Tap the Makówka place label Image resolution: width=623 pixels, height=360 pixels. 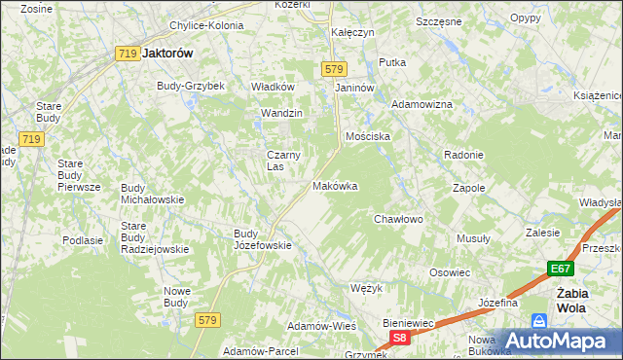pyautogui.click(x=335, y=185)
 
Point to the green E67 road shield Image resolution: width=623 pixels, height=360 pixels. pyautogui.click(x=559, y=270)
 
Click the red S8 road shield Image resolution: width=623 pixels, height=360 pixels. pyautogui.click(x=400, y=338)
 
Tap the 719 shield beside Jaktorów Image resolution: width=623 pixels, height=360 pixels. pyautogui.click(x=125, y=55)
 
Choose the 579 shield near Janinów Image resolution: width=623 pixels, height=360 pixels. pyautogui.click(x=334, y=68)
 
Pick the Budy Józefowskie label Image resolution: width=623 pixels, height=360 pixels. pyautogui.click(x=263, y=239)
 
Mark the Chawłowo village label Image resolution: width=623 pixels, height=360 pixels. pyautogui.click(x=399, y=219)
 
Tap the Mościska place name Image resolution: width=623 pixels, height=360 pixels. pyautogui.click(x=368, y=136)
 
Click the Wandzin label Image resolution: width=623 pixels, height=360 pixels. pyautogui.click(x=282, y=113)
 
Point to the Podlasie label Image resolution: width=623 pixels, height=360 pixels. pyautogui.click(x=83, y=239)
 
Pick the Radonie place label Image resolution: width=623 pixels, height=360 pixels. pyautogui.click(x=463, y=155)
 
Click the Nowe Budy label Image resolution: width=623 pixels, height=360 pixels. pyautogui.click(x=176, y=296)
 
